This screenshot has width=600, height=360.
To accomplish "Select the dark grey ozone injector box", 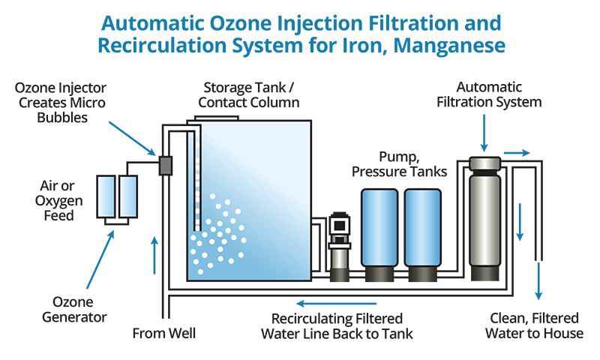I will click(x=165, y=166).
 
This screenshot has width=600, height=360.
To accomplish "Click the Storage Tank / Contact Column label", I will click(x=250, y=96).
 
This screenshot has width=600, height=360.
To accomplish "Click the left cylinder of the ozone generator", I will click(x=106, y=197).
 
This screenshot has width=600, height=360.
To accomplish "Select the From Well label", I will click(x=159, y=332).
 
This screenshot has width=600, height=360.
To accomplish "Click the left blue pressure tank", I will click(x=381, y=232).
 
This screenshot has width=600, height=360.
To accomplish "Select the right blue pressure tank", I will click(x=424, y=232).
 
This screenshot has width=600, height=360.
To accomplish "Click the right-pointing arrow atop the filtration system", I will click(x=515, y=153).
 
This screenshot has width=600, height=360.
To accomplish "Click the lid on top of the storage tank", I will click(x=217, y=117).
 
